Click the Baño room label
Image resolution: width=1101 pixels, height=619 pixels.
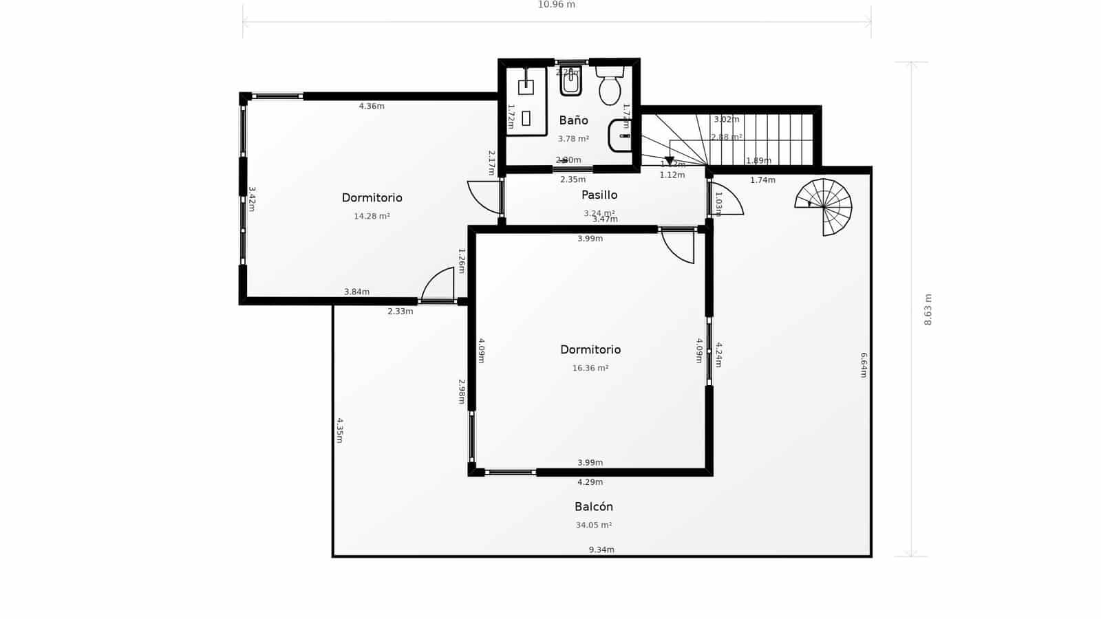(573, 121)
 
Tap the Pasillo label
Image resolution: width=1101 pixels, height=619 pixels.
(599, 195)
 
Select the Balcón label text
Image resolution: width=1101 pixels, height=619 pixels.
(594, 507)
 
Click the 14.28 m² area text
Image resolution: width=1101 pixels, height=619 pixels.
(372, 216)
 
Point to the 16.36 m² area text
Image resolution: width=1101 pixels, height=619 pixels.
(590, 368)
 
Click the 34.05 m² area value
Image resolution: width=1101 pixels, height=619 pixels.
(594, 525)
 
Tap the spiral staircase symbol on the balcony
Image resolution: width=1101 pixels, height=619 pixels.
(824, 206)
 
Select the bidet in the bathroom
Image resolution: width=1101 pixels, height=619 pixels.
(570, 83)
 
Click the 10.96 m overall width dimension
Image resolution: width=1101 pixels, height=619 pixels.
(556, 5)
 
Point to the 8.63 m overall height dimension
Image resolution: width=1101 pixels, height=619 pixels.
(928, 309)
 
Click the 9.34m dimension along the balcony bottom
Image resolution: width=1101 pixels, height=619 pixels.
(601, 550)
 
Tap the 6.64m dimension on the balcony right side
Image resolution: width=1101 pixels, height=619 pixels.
(864, 365)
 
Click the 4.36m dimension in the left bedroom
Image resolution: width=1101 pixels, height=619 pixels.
(372, 106)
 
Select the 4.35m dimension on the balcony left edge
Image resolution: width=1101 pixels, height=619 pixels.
(339, 430)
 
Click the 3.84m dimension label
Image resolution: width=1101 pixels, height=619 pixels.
(356, 292)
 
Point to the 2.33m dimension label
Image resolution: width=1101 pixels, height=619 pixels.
(400, 312)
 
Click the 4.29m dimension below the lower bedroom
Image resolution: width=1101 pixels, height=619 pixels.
(590, 482)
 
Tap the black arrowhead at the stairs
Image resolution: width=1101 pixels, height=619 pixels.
(669, 160)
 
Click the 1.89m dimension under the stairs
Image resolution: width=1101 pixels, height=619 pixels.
(758, 161)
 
